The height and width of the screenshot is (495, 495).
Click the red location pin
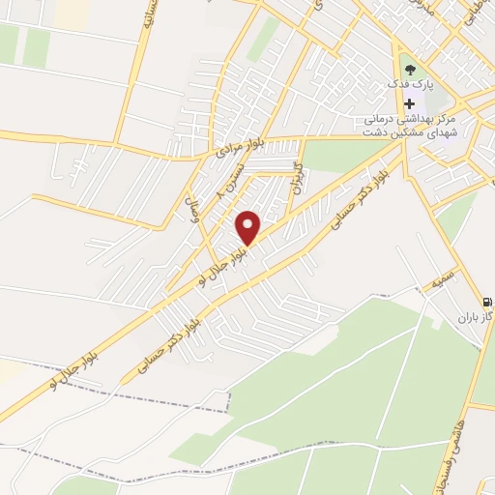(x=249, y=226)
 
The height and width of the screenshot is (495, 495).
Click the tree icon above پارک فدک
(x=410, y=70)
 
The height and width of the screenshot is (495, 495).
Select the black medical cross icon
(x=410, y=103)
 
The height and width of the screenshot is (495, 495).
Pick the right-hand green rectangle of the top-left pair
(x=37, y=44)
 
